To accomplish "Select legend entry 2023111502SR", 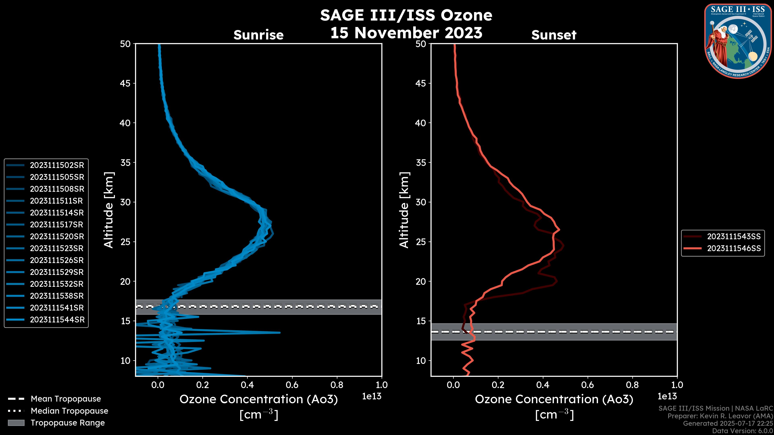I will [57, 165].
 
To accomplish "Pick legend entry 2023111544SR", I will [57, 320].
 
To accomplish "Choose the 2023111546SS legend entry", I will [734, 249].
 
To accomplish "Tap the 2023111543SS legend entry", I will [734, 237].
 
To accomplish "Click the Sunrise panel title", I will [258, 35].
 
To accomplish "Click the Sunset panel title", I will [554, 35].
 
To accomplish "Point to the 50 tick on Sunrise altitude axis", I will [125, 44].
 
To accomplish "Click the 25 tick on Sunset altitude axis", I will [421, 242].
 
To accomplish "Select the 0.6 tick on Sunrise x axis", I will [292, 385].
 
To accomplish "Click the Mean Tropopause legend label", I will [66, 399].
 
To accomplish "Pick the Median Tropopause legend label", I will [69, 411].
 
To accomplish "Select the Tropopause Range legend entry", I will [68, 423].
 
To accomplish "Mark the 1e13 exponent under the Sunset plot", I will [667, 397].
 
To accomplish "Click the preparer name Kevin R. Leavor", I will [724, 416].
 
